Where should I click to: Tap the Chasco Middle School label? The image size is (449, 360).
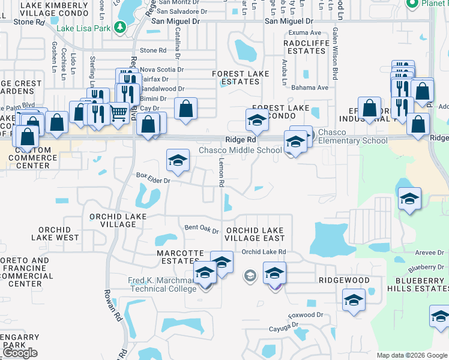240,150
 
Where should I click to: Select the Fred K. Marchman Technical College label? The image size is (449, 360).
162,284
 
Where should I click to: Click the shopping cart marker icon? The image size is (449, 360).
119,111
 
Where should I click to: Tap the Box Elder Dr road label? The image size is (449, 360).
154,179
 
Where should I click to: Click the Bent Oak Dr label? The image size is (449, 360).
202,228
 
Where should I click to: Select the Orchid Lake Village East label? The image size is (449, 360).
255,234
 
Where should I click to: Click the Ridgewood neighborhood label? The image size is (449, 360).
344,280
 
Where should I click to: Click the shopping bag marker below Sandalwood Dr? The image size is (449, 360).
186,109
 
